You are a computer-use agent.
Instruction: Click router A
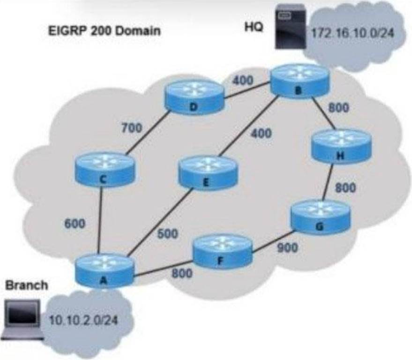(x=105, y=270)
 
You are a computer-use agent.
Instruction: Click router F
(x=223, y=251)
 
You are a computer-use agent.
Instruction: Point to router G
(x=321, y=217)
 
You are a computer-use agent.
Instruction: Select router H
(x=341, y=146)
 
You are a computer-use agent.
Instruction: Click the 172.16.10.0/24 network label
(x=352, y=33)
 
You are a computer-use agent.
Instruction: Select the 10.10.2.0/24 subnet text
(x=83, y=320)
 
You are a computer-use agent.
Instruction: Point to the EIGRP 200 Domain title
(x=105, y=31)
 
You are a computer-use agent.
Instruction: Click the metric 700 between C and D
(x=131, y=128)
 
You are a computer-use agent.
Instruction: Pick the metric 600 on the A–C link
(x=75, y=224)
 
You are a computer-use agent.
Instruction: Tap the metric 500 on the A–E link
(x=168, y=233)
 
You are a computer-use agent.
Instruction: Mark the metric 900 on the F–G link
(x=288, y=247)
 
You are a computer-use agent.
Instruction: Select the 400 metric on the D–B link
(x=243, y=80)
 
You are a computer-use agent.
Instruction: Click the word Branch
(x=27, y=285)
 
